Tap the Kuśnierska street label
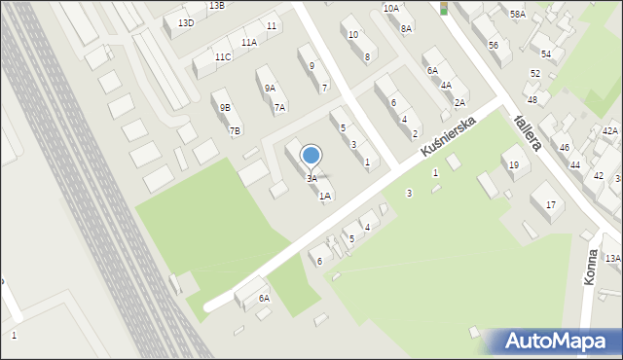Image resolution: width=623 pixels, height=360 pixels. point(448,138)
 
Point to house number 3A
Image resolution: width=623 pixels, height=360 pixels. point(311,179)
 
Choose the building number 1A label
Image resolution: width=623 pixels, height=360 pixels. point(325,196)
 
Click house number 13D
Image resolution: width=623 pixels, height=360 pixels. point(186,22)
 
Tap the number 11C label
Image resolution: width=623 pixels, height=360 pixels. point(223,56)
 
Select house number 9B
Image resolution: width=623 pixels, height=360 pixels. point(225,108)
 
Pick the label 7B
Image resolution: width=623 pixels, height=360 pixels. point(235,130)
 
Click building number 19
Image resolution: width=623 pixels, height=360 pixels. point(513,164)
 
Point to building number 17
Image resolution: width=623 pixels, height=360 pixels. point(551,204)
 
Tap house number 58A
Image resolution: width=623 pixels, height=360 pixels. point(517,14)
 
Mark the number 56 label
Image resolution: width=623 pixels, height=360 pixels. point(494,46)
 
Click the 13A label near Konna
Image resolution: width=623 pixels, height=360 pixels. point(612,258)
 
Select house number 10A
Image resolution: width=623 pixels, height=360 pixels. point(390,8)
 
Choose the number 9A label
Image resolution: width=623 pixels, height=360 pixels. point(270,88)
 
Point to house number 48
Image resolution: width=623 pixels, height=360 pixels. point(531,99)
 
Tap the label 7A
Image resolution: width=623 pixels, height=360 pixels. point(279,108)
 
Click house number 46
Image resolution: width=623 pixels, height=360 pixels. point(565,147)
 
